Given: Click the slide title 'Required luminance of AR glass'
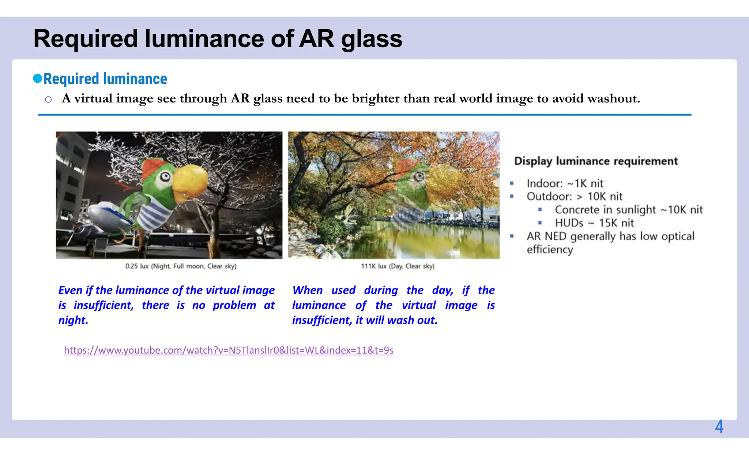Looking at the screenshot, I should (x=218, y=39).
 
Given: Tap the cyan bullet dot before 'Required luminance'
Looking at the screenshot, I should (x=37, y=78).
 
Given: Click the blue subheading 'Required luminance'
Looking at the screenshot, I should (x=105, y=79).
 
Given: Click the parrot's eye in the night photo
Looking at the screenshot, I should (x=165, y=177).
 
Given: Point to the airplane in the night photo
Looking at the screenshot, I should (x=99, y=220).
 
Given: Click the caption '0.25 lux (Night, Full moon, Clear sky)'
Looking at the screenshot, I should (x=181, y=266).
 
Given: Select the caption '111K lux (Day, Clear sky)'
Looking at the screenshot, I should (x=398, y=266).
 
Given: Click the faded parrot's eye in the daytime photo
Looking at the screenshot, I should (x=419, y=176).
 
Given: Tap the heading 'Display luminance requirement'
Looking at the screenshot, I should (x=596, y=161).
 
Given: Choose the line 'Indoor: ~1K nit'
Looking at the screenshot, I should (x=565, y=183).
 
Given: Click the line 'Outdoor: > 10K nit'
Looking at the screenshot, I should (x=574, y=197).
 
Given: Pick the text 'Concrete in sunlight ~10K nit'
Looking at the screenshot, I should (x=629, y=210).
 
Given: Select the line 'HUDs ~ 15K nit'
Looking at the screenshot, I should (x=594, y=223).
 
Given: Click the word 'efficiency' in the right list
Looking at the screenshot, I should (x=550, y=250).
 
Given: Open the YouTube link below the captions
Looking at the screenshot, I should (x=229, y=350).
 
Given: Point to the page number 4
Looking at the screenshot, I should (x=719, y=427).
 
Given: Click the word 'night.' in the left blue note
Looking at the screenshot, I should (x=73, y=320).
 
